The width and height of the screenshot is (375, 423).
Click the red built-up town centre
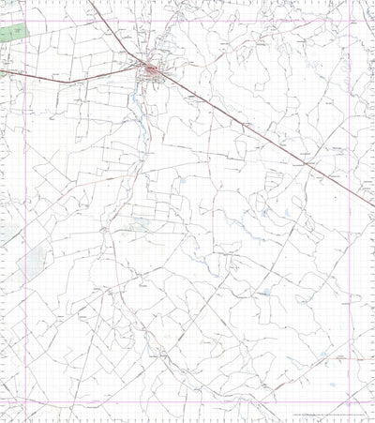[150, 68]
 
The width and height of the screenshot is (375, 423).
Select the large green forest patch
[13, 33]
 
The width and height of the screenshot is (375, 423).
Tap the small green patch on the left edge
[3, 70]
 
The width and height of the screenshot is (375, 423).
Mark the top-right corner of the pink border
[351, 20]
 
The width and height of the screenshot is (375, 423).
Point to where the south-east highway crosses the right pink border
[351, 197]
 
